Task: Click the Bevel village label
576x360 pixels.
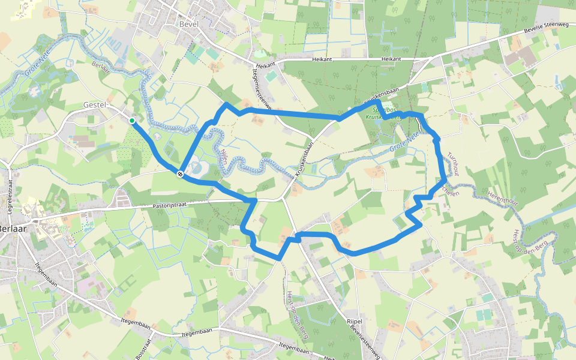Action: pyautogui.click(x=188, y=24)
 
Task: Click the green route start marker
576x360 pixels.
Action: pyautogui.click(x=132, y=121)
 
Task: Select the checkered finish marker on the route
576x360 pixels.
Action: pyautogui.click(x=180, y=173)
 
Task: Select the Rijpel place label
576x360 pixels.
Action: pyautogui.click(x=355, y=322)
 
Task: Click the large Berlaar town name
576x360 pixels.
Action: pyautogui.click(x=11, y=228)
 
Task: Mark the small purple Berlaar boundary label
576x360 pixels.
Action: pyautogui.click(x=101, y=68)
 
